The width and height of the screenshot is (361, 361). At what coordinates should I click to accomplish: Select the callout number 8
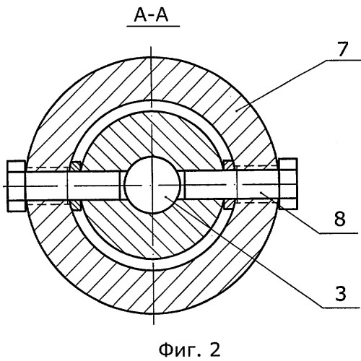click(x=340, y=219)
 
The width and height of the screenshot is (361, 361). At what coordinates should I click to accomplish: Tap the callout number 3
click(x=341, y=293)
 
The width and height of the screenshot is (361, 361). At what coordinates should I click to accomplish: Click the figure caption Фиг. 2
click(x=189, y=350)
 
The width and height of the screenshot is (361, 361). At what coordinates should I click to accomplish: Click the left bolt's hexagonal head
click(x=16, y=186)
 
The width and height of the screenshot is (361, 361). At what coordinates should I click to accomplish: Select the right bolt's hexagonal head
click(x=288, y=183)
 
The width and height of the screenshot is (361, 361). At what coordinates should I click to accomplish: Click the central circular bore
click(x=152, y=185)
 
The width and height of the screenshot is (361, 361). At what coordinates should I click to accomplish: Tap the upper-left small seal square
click(x=77, y=166)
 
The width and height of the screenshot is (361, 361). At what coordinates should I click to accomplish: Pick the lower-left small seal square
click(x=76, y=205)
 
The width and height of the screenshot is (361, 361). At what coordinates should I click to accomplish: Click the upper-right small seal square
click(x=228, y=165)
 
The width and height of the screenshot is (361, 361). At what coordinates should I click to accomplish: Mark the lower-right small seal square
click(x=228, y=204)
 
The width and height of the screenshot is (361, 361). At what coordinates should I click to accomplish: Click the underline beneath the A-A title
click(x=153, y=26)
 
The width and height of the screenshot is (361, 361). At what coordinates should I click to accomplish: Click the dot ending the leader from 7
click(x=237, y=110)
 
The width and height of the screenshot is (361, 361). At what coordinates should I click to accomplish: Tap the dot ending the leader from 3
click(x=166, y=197)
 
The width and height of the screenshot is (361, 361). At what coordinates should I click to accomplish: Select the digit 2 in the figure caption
click(x=215, y=349)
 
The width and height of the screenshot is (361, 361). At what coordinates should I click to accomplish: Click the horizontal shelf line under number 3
click(x=342, y=308)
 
